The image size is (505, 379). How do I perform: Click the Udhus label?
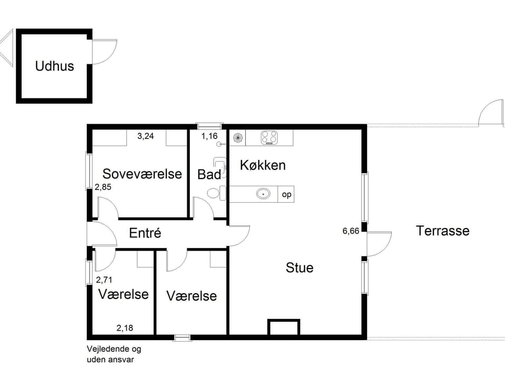tap(55, 66)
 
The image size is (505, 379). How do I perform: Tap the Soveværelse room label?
tap(142, 174)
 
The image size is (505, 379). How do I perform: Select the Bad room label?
tap(209, 174)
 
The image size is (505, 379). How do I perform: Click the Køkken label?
tap(262, 165)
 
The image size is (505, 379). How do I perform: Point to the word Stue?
tap(299, 267)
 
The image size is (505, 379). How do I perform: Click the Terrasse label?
tap(442, 231)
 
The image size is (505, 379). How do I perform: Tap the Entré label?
tap(145, 233)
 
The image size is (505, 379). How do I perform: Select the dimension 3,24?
tap(146, 136)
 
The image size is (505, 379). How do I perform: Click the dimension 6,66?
tap(351, 231)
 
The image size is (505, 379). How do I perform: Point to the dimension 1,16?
tap(209, 136)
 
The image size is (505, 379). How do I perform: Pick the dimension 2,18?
tap(125, 328)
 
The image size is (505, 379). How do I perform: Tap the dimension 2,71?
tap(105, 280)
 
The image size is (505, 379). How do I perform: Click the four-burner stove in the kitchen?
tap(269, 138)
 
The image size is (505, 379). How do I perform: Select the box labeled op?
tap(287, 194)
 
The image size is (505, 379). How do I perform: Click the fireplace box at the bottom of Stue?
tap(284, 327)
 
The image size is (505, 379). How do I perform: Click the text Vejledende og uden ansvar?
tap(114, 354)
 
